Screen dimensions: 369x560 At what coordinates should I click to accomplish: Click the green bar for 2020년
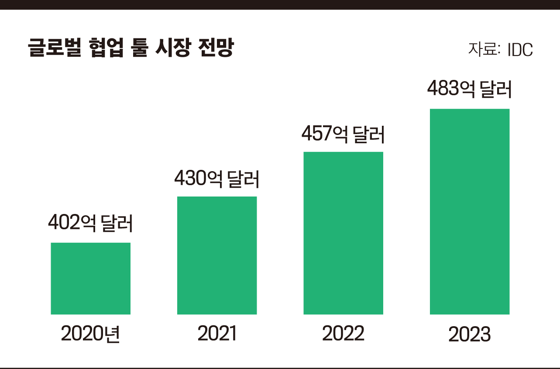pyautogui.click(x=90, y=278)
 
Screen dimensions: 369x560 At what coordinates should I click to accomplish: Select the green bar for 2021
pyautogui.click(x=217, y=255)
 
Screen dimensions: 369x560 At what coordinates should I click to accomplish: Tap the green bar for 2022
pyautogui.click(x=343, y=233)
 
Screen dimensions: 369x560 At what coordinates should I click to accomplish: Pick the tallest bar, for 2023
pyautogui.click(x=470, y=211)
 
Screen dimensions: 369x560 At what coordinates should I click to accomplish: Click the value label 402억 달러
pyautogui.click(x=90, y=223)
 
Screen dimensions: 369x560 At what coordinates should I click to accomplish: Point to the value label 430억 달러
pyautogui.click(x=217, y=179)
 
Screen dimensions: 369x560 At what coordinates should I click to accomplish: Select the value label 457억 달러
pyautogui.click(x=343, y=134)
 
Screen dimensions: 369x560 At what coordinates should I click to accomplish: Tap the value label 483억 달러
pyautogui.click(x=470, y=90)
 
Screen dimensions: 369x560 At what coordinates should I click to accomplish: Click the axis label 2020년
pyautogui.click(x=90, y=334)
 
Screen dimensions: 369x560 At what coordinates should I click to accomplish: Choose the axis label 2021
pyautogui.click(x=217, y=334)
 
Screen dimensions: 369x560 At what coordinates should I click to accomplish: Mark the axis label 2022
pyautogui.click(x=343, y=334)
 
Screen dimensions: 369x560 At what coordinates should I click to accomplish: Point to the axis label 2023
pyautogui.click(x=470, y=335)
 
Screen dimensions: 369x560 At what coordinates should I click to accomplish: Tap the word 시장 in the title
pyautogui.click(x=172, y=48)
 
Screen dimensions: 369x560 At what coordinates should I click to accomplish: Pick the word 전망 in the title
pyautogui.click(x=216, y=48)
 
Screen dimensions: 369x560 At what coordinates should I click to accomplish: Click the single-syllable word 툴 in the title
pyautogui.click(x=139, y=48)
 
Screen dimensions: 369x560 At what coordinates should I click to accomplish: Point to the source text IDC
pyautogui.click(x=520, y=49)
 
